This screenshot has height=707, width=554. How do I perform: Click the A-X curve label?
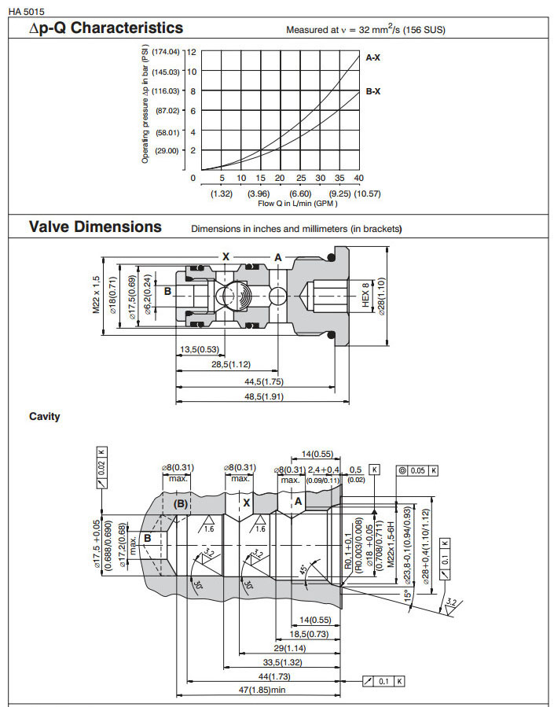pos(373,57)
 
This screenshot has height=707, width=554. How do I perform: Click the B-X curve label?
pos(373,92)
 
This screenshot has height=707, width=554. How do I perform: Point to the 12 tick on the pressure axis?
pos(192,52)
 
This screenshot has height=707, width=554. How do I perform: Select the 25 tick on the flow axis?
pos(300,178)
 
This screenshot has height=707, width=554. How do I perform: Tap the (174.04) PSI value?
pos(167,52)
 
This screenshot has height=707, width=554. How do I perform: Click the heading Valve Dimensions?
pos(95,227)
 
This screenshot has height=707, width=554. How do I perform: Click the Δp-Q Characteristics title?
pos(106,28)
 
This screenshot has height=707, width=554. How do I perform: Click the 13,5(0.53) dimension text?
pos(198,349)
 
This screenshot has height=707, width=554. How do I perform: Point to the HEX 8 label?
pos(365,296)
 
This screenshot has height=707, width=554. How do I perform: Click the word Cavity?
pos(45,417)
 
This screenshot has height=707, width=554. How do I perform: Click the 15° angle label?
pos(407,596)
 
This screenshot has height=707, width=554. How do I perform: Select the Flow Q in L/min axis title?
pos(298,204)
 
